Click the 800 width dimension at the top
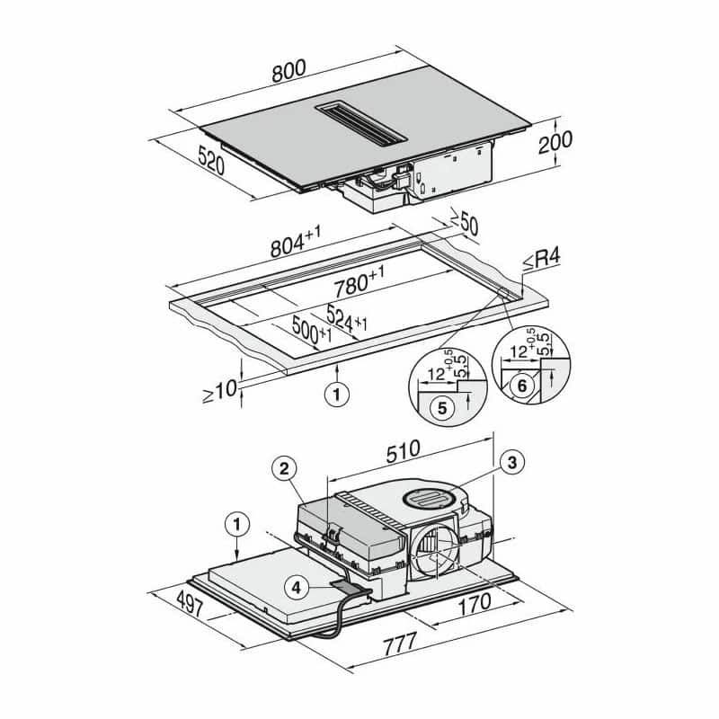click(288, 71)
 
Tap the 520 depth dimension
click(211, 160)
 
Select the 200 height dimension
click(555, 142)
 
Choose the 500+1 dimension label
click(312, 331)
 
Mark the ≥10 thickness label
click(220, 392)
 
